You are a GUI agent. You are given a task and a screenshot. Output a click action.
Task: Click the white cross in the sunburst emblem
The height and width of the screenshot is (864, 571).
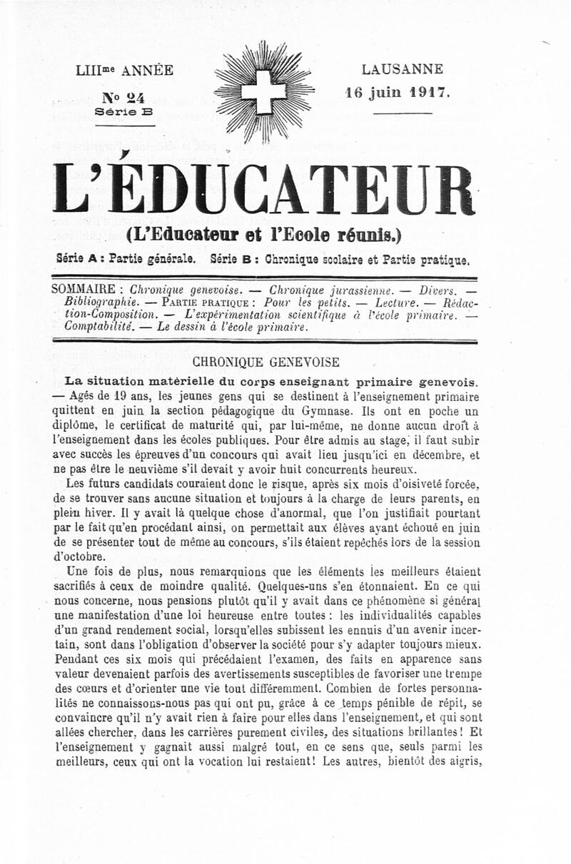click(x=264, y=91)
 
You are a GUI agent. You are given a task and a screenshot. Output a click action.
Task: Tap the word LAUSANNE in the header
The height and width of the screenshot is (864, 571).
click(x=402, y=70)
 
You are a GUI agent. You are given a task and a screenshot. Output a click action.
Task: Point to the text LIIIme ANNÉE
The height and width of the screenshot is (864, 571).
click(x=124, y=71)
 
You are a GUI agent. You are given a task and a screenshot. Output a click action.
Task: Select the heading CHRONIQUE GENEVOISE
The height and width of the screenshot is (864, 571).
click(x=266, y=362)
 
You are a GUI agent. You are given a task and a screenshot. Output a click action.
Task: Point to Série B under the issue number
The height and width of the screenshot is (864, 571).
click(x=124, y=111)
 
